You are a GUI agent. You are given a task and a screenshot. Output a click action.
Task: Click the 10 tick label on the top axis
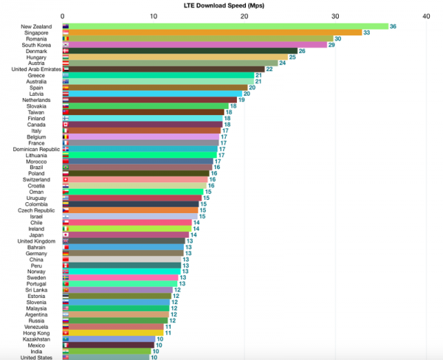pyautogui.click(x=153, y=15)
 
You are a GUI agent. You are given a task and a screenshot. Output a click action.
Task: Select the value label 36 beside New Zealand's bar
pyautogui.click(x=393, y=26)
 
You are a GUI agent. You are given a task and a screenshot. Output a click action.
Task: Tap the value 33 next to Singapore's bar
pyautogui.click(x=366, y=32)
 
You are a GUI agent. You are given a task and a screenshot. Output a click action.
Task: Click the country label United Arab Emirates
pyautogui.click(x=31, y=69)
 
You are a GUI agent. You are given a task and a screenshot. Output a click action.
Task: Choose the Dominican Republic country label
pyautogui.click(x=30, y=149)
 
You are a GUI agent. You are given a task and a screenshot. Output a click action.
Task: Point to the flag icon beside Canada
pyautogui.click(x=66, y=124)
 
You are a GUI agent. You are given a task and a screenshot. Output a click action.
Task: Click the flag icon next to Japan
pyautogui.click(x=66, y=235)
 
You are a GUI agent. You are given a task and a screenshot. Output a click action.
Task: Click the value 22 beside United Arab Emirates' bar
pyautogui.click(x=269, y=69)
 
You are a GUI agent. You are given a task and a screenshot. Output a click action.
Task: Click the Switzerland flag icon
pyautogui.click(x=66, y=179)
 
